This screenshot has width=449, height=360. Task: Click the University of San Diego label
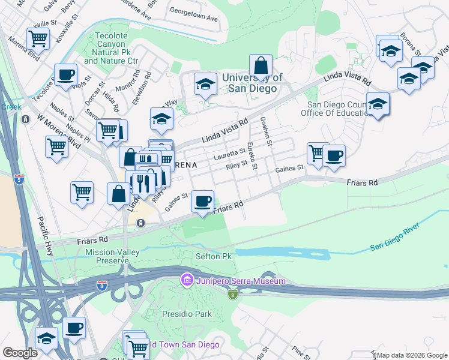click(x=249, y=83)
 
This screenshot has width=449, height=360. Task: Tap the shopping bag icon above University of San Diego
click(x=261, y=65)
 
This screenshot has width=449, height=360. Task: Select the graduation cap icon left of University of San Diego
click(x=205, y=86)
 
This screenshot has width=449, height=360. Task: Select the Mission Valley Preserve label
click(x=107, y=256)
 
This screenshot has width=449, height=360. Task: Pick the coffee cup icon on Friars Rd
click(x=203, y=201)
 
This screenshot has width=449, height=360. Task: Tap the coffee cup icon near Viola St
click(x=66, y=75)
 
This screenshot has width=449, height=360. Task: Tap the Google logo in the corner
click(x=20, y=353)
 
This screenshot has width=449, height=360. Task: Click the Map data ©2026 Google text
click(x=411, y=355)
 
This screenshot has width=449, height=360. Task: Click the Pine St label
click(x=298, y=349)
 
